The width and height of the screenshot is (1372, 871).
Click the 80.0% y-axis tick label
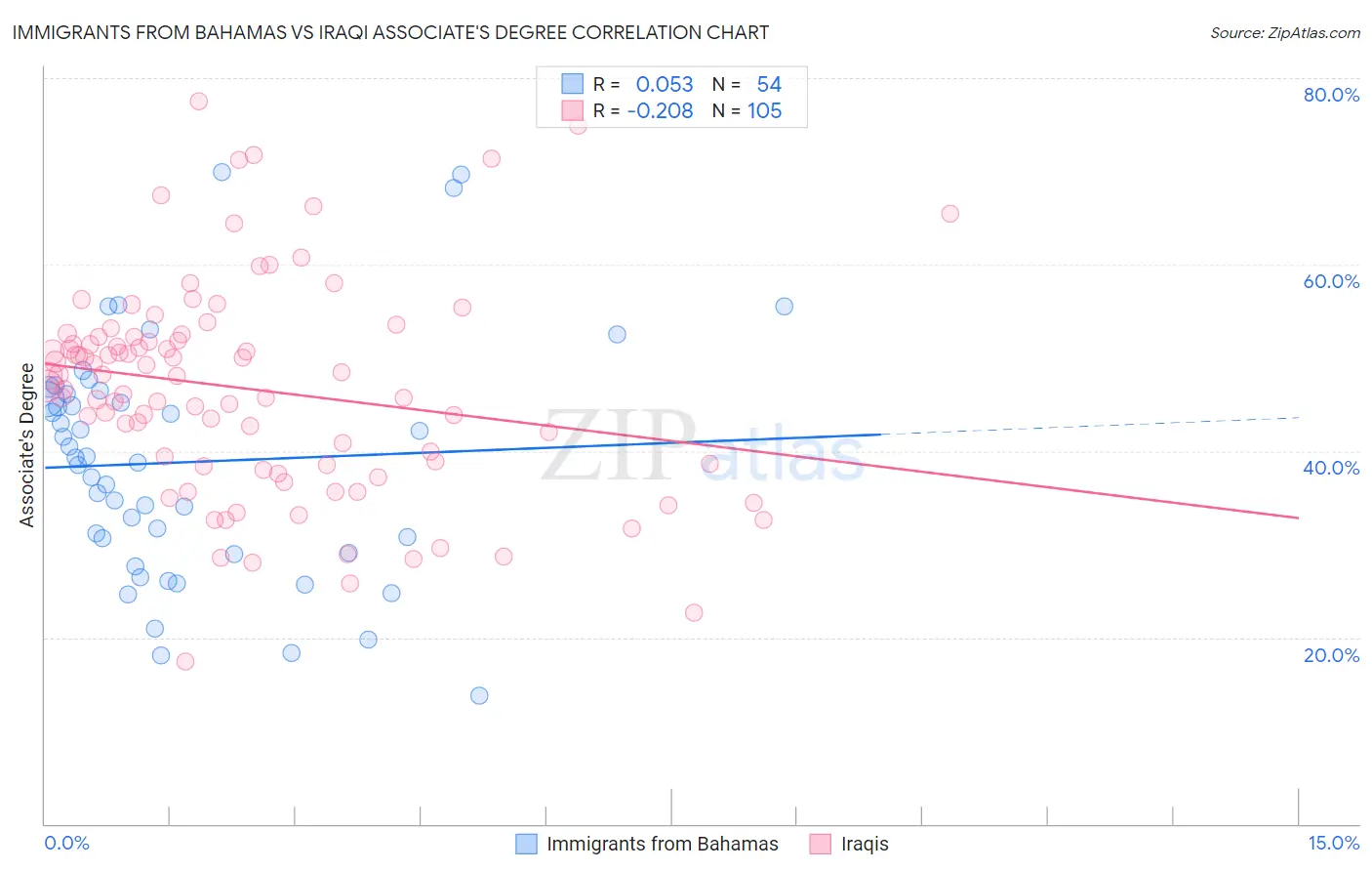(1331, 95)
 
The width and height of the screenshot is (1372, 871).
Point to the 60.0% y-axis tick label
(1331, 281)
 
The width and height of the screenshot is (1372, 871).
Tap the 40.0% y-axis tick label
(1331, 468)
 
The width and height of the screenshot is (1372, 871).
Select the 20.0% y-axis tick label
(1331, 655)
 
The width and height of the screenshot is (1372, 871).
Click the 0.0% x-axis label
(66, 843)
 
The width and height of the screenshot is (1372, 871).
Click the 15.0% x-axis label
(1333, 843)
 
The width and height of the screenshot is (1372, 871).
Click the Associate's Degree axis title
(27, 445)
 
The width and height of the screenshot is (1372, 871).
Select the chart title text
(390, 32)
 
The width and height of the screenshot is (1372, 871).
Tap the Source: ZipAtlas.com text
(1284, 32)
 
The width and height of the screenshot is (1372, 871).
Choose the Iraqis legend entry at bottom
(865, 845)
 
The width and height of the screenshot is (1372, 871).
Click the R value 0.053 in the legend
(664, 85)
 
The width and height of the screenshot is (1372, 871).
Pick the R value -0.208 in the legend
(660, 111)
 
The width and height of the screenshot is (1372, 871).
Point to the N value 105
(764, 111)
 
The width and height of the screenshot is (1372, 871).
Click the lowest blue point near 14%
(479, 695)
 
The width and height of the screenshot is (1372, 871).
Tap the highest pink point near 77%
(198, 101)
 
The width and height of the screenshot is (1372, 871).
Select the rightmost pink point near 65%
(949, 213)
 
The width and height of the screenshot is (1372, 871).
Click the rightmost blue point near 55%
(784, 306)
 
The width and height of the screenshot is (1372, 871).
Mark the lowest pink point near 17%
(184, 661)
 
